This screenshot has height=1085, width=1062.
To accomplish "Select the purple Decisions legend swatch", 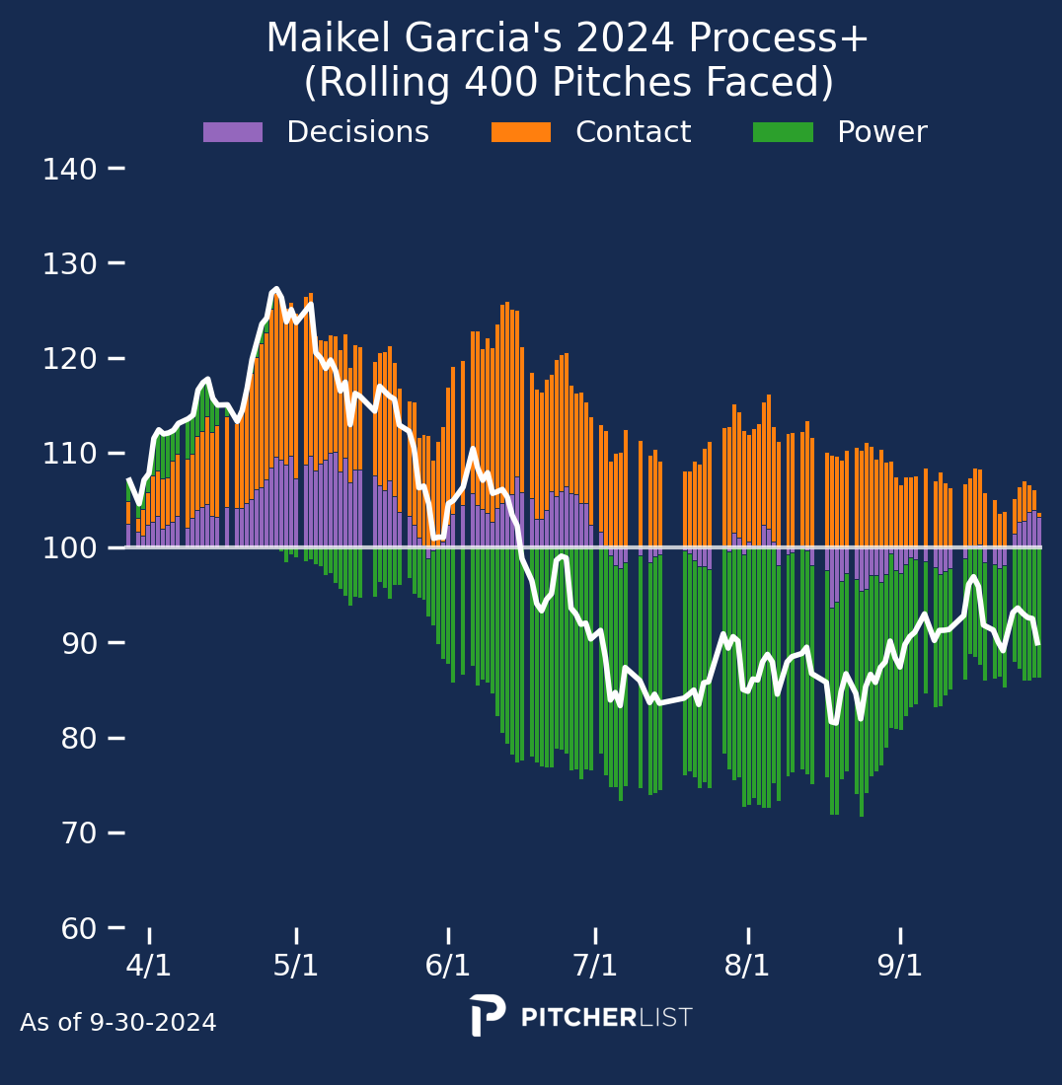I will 233,132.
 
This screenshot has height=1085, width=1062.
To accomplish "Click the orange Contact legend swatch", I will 521,132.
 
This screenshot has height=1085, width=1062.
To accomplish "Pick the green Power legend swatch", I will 783,132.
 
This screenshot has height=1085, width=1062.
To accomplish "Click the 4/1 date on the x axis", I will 149,966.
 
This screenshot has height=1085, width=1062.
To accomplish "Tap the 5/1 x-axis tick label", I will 296,966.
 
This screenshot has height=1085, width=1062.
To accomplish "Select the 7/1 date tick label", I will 595,966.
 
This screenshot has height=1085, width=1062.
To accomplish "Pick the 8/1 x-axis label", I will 747,966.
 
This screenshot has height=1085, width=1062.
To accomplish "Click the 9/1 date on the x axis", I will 900,966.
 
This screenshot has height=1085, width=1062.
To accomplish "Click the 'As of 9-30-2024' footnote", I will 118,1023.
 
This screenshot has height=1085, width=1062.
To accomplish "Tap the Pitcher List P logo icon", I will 487,1015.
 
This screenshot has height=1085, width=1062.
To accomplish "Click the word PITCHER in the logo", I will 577,1018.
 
